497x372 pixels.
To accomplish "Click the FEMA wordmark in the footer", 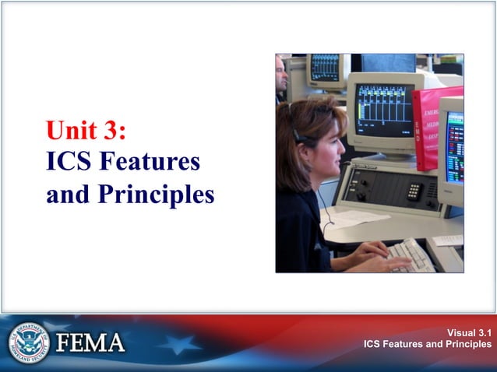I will click(x=91, y=342).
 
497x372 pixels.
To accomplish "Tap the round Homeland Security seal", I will click(x=29, y=342).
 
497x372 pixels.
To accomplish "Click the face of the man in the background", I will click(x=281, y=75).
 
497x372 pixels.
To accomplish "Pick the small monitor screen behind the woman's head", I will click(x=326, y=68).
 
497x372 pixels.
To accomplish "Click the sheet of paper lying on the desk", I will click(x=354, y=219).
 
